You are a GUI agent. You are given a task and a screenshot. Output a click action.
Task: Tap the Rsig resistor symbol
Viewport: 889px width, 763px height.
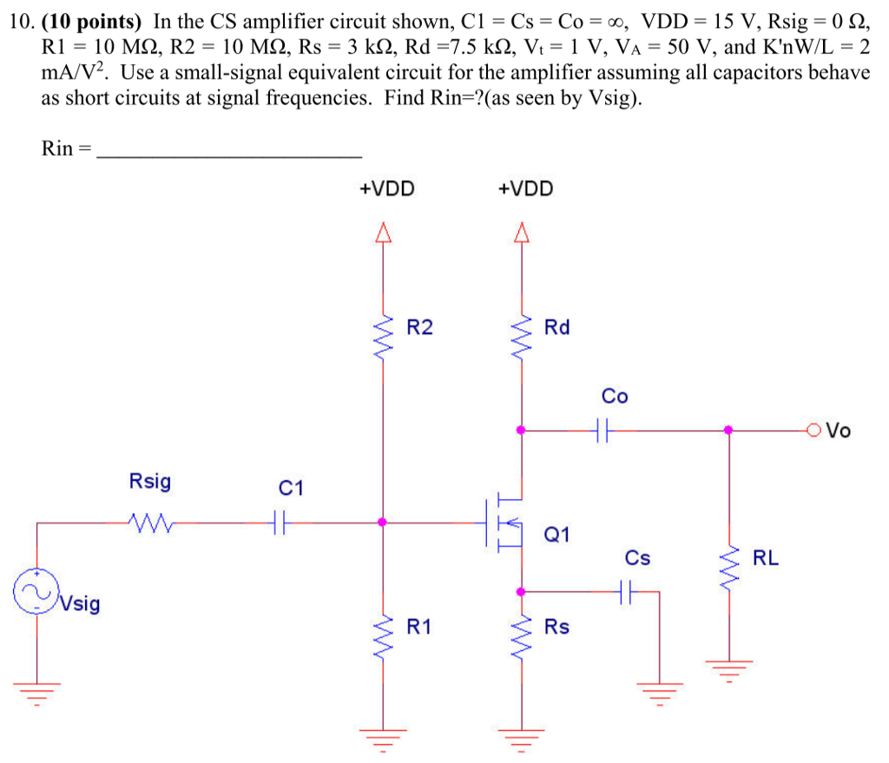(149, 523)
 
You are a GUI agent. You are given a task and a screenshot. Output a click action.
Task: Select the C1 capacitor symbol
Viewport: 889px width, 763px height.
(279, 523)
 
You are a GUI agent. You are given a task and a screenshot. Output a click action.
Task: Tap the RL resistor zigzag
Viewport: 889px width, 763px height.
(729, 564)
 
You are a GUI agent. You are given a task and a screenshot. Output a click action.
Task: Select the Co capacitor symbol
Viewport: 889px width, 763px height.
(604, 429)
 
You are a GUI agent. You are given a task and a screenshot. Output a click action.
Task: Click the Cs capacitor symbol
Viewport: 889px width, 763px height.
(629, 592)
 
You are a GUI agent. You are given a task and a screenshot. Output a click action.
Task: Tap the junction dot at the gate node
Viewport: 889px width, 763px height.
(382, 523)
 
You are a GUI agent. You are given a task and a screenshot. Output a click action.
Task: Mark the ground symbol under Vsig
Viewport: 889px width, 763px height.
(36, 690)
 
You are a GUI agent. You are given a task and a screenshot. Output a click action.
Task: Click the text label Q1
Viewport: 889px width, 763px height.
(556, 534)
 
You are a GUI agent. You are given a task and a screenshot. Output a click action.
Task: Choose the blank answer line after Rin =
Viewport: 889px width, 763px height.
(229, 155)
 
